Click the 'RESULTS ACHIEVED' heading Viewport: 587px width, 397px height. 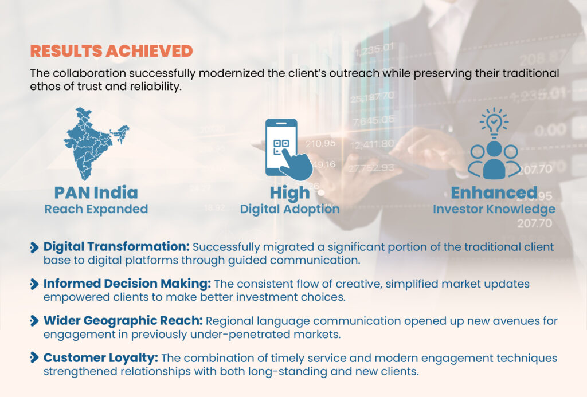point(112,51)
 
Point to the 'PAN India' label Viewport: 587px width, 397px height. point(96,192)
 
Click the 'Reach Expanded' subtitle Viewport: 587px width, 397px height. point(96,209)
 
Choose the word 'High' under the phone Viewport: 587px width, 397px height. point(289,193)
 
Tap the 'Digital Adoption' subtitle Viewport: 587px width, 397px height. point(289,209)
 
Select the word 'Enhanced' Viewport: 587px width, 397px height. point(494,192)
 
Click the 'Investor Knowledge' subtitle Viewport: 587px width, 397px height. point(494,209)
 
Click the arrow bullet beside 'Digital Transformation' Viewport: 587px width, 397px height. point(34,247)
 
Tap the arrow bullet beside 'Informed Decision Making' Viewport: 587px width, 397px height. point(34,284)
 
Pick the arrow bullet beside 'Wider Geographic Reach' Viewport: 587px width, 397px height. point(34,321)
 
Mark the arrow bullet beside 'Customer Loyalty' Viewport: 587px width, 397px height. point(34,357)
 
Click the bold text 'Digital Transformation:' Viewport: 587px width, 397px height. point(117,246)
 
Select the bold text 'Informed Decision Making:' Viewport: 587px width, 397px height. point(127,284)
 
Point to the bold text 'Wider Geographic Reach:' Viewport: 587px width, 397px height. point(123,320)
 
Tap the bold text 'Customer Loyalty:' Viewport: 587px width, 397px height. point(101,357)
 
